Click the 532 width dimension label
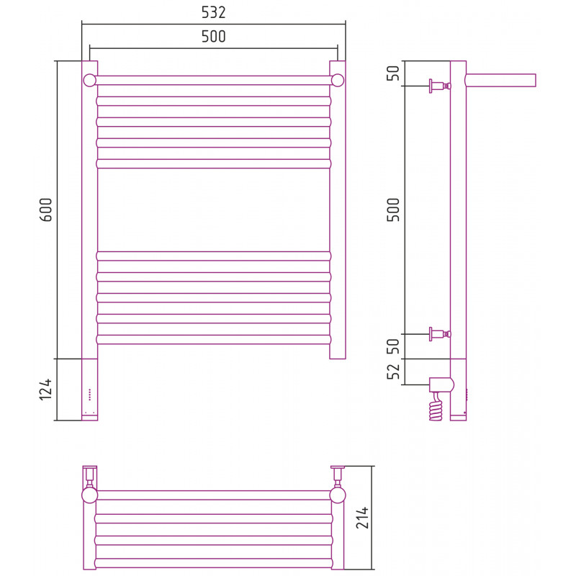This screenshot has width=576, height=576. tap(213, 12)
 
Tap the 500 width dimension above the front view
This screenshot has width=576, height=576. tap(213, 37)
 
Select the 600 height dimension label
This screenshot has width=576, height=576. tap(46, 210)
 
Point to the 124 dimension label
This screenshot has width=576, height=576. tap(46, 390)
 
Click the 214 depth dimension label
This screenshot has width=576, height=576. tap(362, 518)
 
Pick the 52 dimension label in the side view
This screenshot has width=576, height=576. tap(393, 372)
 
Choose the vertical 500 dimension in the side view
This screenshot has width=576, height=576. tap(393, 210)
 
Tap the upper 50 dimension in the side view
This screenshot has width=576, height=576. tap(393, 73)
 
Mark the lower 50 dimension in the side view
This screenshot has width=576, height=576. tap(393, 346)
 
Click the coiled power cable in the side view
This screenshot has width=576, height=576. tap(436, 407)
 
